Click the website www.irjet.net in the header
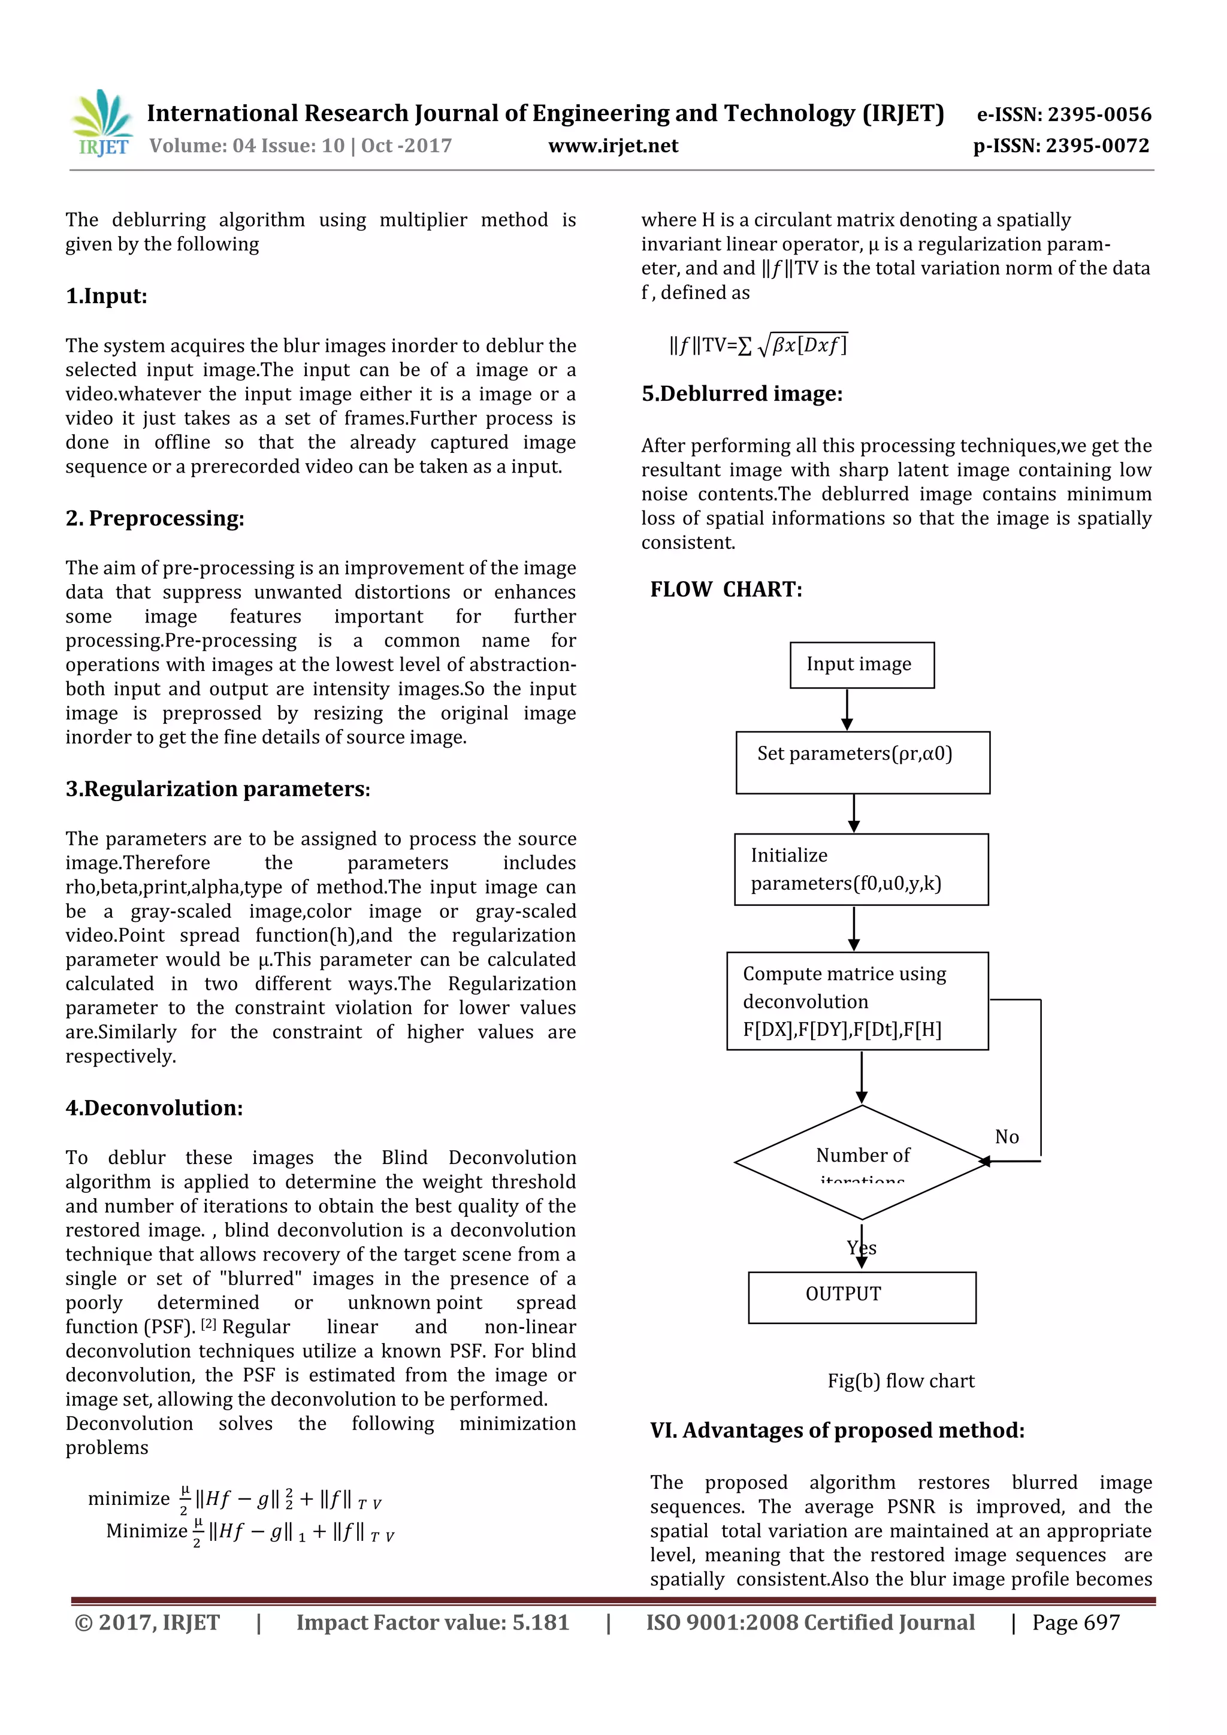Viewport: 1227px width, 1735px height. pos(613,146)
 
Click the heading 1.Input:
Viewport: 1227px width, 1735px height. pos(107,296)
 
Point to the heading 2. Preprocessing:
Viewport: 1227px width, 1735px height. pos(155,518)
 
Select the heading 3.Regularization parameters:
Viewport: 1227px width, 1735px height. pos(217,789)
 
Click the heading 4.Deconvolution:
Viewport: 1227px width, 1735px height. pos(154,1108)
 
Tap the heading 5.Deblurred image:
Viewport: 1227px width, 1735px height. pos(741,394)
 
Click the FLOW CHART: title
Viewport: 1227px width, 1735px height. pos(726,590)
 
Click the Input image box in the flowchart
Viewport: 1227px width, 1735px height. pos(862,665)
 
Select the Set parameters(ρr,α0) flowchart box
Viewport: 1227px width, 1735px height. pos(862,763)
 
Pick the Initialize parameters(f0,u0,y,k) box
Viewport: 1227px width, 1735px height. pos(860,870)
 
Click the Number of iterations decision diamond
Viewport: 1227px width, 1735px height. pos(862,1162)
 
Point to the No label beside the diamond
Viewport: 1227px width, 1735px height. pos(1007,1137)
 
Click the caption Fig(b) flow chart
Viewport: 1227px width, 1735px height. pos(900,1382)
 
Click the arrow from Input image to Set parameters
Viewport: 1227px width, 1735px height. pos(847,711)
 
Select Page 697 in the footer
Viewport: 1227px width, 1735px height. pos(1075,1622)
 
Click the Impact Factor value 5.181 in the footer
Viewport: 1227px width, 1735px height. pos(432,1622)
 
